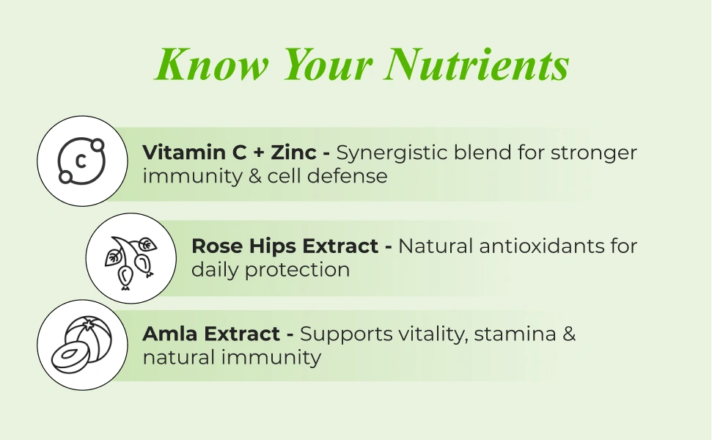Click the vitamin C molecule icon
click(81, 161)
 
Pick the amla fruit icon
click(81, 345)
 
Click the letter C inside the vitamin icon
click(81, 161)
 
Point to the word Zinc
click(293, 152)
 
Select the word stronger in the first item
click(593, 154)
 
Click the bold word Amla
click(170, 334)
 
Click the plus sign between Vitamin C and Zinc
click(259, 153)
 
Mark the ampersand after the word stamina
click(569, 334)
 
